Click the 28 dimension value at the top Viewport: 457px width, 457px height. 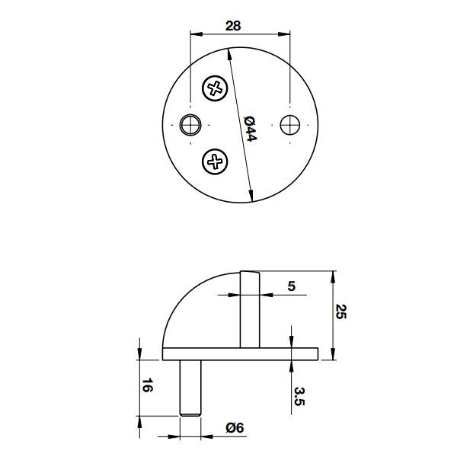coord(233,25)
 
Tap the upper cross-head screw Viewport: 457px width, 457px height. coord(216,89)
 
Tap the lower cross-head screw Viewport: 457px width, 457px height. coord(216,160)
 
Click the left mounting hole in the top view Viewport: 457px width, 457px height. coord(190,124)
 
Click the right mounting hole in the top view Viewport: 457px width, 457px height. coord(290,124)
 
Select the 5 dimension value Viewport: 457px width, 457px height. coord(292,286)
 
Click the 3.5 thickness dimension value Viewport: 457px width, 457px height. coord(299,395)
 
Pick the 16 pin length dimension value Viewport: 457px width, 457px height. coord(147,386)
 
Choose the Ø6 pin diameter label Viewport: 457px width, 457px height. coord(235,429)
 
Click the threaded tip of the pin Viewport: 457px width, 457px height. coord(190,412)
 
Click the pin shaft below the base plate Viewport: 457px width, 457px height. coord(190,385)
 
